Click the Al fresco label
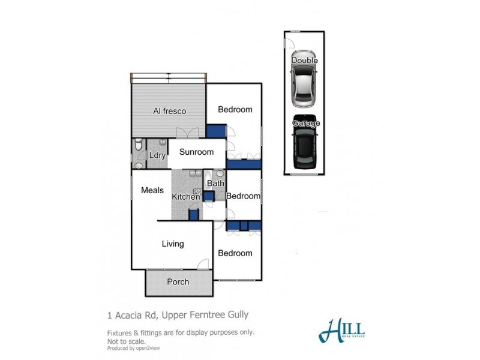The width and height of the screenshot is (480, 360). [x=169, y=111]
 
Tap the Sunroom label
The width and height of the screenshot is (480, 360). [x=197, y=152]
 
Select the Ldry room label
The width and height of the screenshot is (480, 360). [x=157, y=155]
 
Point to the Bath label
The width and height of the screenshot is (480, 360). [x=216, y=184]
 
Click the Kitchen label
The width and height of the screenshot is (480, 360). [x=185, y=197]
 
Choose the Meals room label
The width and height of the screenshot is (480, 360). [x=152, y=190]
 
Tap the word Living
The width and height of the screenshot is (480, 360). [x=173, y=244]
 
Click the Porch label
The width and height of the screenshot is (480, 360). [x=178, y=281]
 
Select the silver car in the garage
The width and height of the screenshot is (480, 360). [x=304, y=83]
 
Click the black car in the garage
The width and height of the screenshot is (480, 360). [x=305, y=143]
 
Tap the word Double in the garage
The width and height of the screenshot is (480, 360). [x=304, y=61]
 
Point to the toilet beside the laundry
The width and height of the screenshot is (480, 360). [x=138, y=145]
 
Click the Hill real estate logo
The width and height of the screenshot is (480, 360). [x=343, y=330]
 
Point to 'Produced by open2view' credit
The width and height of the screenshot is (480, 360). [x=134, y=348]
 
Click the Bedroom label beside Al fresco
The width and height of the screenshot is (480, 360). [x=235, y=109]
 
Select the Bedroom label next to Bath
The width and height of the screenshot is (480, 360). [x=243, y=196]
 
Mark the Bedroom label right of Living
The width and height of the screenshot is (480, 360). [x=235, y=253]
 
